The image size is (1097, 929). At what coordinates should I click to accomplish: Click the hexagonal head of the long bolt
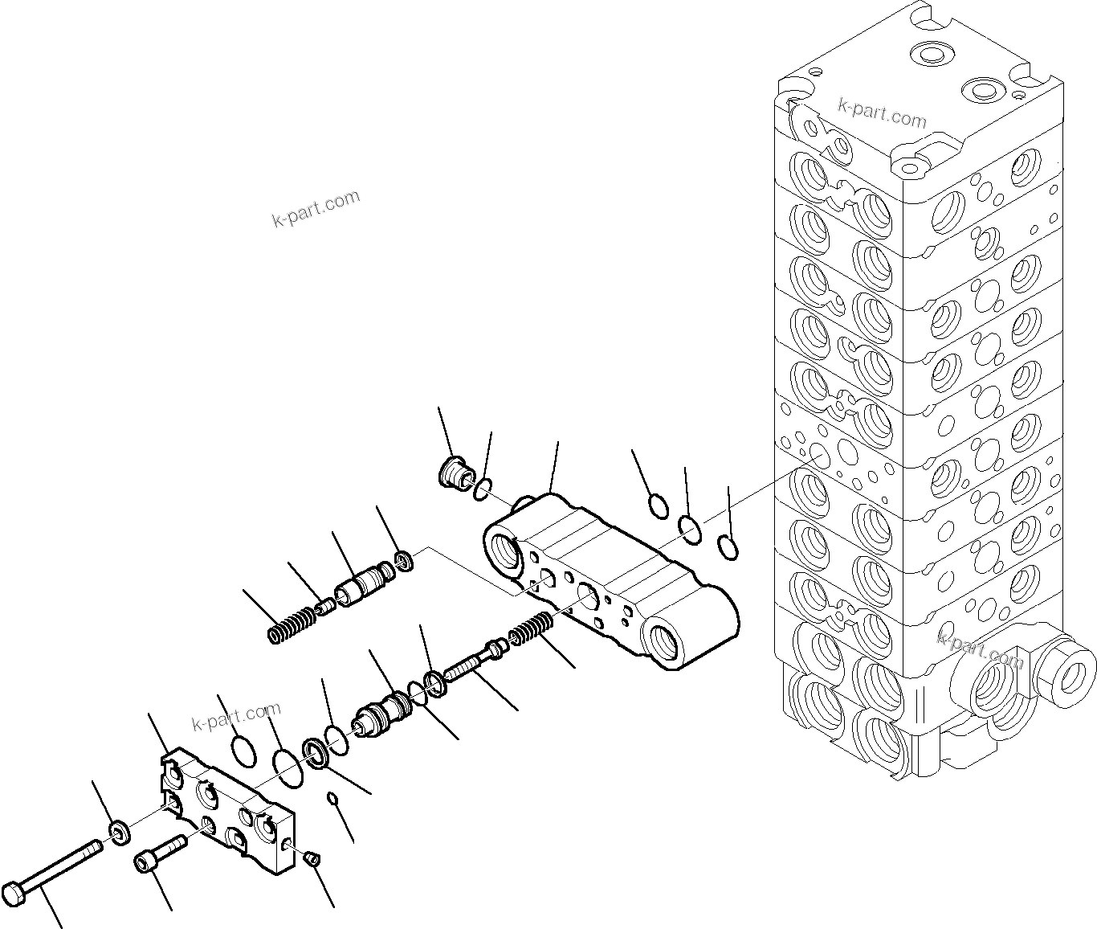(16, 894)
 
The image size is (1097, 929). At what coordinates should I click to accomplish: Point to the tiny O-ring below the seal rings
(331, 797)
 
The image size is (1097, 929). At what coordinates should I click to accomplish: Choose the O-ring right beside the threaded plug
(482, 489)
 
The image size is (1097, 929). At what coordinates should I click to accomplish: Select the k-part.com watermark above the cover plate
(236, 715)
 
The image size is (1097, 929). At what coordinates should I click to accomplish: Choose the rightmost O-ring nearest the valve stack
(728, 546)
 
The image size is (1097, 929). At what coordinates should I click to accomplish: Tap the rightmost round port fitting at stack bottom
(1066, 664)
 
